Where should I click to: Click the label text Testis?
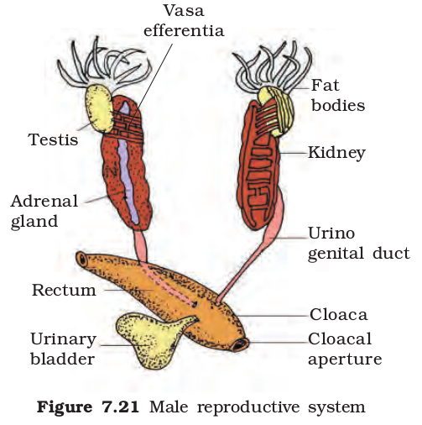tap(53, 139)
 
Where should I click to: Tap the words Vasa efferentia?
tap(184, 21)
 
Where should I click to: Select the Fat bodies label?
tap(338, 96)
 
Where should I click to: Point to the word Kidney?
tap(336, 154)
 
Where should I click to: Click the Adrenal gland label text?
tap(44, 211)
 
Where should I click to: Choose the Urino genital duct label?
tap(359, 244)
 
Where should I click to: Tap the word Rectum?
tap(64, 290)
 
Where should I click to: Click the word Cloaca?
tap(338, 314)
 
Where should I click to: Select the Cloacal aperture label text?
tap(345, 349)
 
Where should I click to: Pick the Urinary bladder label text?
tap(63, 349)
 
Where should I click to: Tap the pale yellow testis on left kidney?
tap(99, 108)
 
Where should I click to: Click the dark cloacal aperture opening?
tap(240, 344)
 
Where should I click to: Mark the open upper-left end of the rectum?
tap(82, 260)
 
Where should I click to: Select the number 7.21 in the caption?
tap(121, 407)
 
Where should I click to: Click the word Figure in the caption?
tap(65, 407)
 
